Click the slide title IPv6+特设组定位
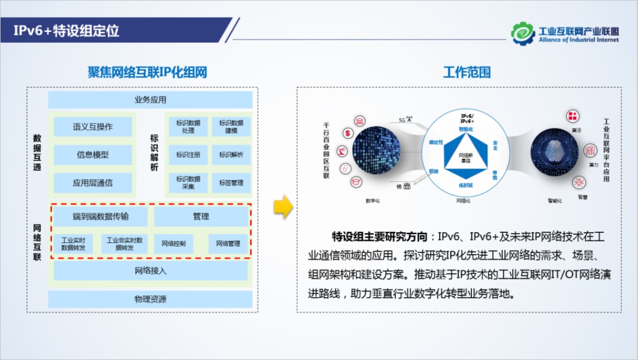(67, 31)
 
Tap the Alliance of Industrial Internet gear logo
(523, 33)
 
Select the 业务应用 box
(150, 99)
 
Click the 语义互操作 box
(93, 127)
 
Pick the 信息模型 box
(93, 155)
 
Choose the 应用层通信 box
(93, 183)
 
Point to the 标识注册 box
(188, 155)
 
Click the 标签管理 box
(231, 183)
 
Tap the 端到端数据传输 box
(100, 216)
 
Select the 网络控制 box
(174, 244)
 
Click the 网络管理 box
(228, 244)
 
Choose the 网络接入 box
(150, 271)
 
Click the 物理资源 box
(150, 299)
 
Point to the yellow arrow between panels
(284, 206)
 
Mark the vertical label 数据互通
(37, 153)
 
